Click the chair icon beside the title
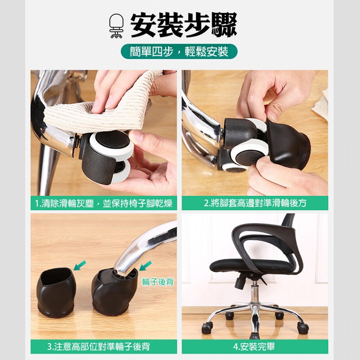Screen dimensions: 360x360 tap(116, 26)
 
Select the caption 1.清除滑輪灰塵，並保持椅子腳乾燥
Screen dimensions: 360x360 tap(104, 203)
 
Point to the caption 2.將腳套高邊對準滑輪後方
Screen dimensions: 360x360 tap(254, 203)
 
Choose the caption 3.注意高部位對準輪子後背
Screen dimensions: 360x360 tap(104, 347)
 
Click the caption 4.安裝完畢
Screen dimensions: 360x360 tap(254, 347)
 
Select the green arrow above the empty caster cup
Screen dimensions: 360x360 tap(80, 265)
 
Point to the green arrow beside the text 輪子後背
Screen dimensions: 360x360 tap(145, 265)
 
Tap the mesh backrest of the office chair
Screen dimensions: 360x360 tap(288, 240)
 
